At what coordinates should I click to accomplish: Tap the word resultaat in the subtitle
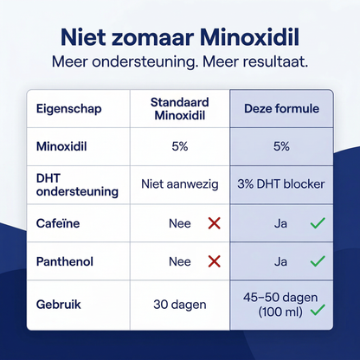[x=269, y=64]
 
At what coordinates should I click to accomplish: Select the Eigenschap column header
[x=68, y=110]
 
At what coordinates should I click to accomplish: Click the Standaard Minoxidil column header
[x=180, y=109]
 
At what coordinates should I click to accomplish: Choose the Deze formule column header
[x=281, y=110]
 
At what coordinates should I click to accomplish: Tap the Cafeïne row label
[x=58, y=223]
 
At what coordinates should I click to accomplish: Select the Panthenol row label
[x=64, y=260]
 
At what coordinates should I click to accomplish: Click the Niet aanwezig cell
[x=180, y=184]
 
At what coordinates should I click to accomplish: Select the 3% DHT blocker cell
[x=281, y=184]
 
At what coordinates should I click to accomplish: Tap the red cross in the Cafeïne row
[x=215, y=223]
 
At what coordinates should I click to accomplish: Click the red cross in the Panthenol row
[x=215, y=260]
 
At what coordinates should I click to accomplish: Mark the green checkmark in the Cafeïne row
[x=318, y=223]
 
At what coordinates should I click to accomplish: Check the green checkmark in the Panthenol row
[x=318, y=260]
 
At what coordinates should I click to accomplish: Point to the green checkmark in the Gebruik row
[x=318, y=309]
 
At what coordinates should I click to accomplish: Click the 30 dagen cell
[x=180, y=305]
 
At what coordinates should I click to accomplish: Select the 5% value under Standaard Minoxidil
[x=180, y=146]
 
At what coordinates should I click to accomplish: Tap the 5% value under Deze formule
[x=281, y=146]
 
